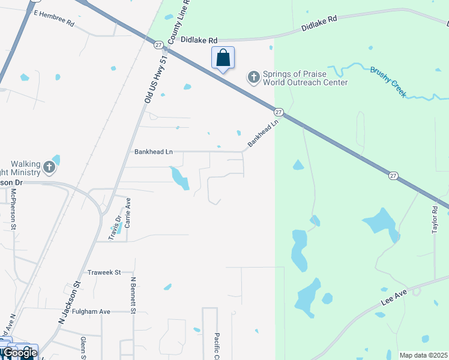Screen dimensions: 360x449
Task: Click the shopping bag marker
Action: (x=223, y=59)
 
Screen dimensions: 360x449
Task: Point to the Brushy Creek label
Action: (x=388, y=82)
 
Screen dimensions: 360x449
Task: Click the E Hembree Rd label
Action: (x=53, y=18)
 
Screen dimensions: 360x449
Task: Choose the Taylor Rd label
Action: (x=436, y=221)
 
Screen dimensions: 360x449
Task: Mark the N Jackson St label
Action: (x=70, y=304)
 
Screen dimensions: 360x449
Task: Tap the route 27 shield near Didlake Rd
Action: (x=158, y=45)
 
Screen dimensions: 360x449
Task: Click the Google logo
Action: (x=20, y=353)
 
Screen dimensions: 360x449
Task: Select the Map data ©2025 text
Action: (x=423, y=355)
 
